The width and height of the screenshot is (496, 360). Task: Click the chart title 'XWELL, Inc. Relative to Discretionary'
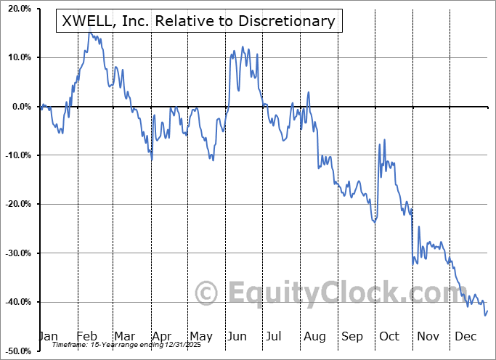(x=195, y=21)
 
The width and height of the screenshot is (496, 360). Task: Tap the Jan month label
(x=48, y=336)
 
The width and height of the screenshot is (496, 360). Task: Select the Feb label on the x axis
(x=87, y=336)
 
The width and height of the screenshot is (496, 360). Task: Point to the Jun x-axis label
(x=237, y=336)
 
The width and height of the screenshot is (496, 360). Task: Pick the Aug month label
(x=315, y=336)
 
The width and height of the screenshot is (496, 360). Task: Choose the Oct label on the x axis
(x=389, y=336)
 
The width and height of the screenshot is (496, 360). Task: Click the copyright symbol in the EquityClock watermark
(x=207, y=293)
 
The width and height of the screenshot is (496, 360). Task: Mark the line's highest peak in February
(x=89, y=32)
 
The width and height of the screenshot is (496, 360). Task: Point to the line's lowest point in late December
(x=484, y=315)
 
